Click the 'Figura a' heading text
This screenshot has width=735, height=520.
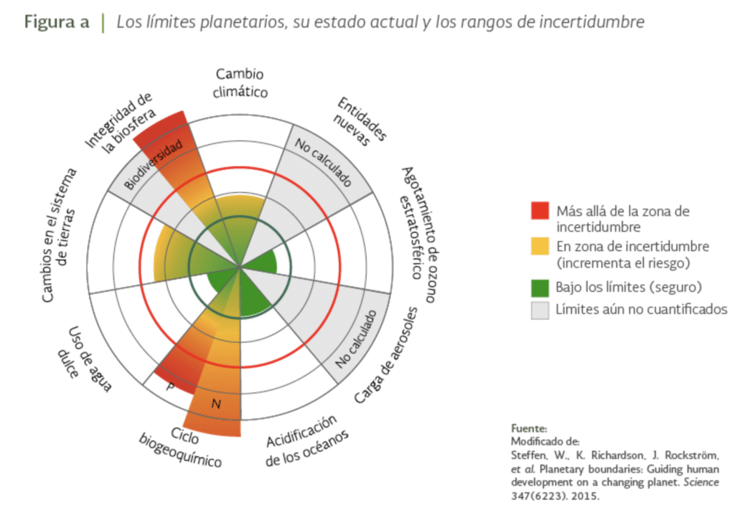[57, 22]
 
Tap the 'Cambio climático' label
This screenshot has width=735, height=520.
[241, 82]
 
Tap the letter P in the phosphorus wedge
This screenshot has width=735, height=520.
[170, 385]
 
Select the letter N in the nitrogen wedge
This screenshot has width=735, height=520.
[216, 405]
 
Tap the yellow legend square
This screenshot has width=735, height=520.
[540, 247]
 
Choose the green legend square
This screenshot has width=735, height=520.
[540, 287]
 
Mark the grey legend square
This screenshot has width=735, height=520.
[540, 310]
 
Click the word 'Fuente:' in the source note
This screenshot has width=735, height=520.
[528, 428]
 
